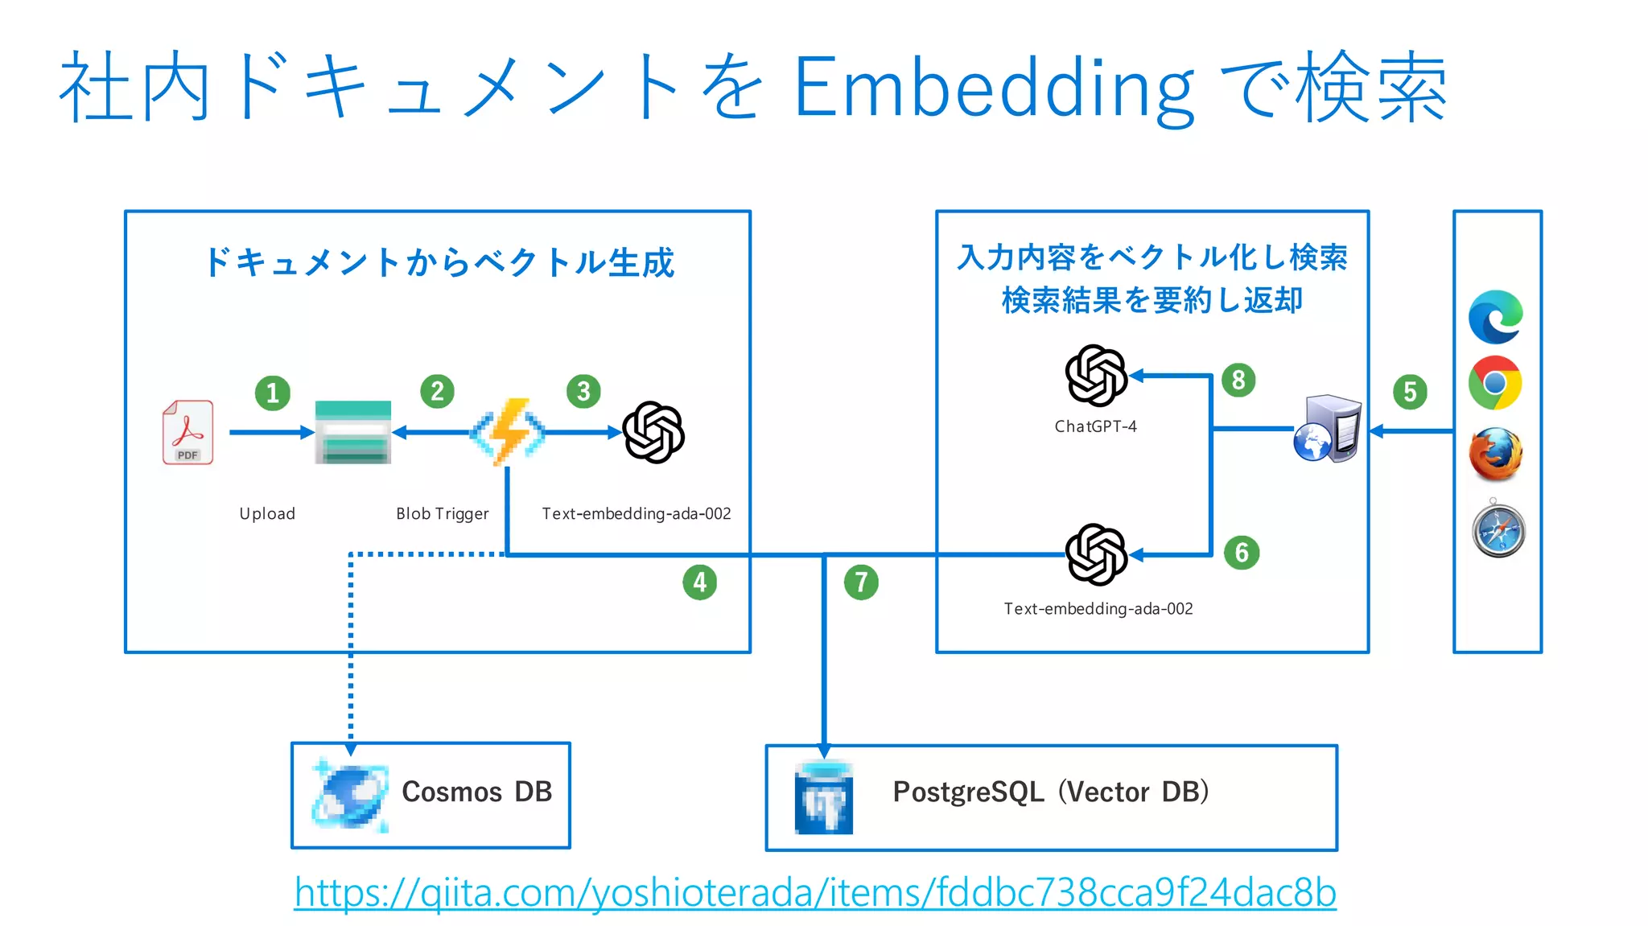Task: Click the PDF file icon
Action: (188, 432)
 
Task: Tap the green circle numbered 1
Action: (273, 393)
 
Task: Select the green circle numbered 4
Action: (699, 582)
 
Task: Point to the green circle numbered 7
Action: (861, 582)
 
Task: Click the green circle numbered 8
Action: (1238, 380)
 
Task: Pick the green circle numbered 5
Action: (1410, 392)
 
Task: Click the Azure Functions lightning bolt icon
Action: (508, 432)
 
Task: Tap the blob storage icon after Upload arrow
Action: (353, 432)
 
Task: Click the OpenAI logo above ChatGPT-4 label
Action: (1095, 375)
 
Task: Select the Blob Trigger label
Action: (442, 513)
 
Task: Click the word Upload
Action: (267, 513)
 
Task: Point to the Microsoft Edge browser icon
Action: (1495, 317)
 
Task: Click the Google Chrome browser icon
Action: (1495, 383)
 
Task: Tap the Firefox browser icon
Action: (1495, 454)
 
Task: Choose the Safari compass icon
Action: (1498, 530)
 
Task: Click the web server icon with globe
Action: (1328, 429)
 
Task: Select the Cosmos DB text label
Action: (476, 792)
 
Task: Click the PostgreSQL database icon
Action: (823, 798)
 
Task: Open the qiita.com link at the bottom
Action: (814, 892)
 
